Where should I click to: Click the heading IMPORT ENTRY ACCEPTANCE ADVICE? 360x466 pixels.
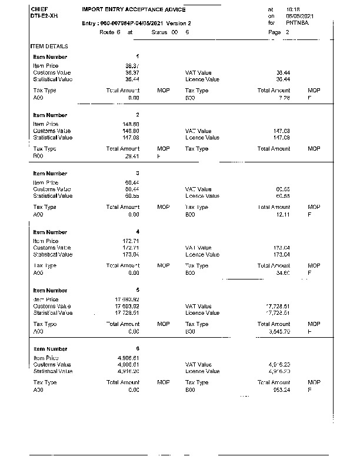tap(134, 10)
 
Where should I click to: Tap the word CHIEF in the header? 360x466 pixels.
tap(39, 9)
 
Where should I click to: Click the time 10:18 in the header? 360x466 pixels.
tap(292, 10)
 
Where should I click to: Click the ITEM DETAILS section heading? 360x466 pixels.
tap(49, 46)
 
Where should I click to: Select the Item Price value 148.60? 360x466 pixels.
tap(129, 124)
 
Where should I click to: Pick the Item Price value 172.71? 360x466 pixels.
tap(129, 241)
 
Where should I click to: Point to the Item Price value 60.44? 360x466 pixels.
tap(131, 183)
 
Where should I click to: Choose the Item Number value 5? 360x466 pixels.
tap(137, 290)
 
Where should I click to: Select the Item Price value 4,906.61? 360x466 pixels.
tap(128, 358)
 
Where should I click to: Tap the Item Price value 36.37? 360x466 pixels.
tap(132, 66)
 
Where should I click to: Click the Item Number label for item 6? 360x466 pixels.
tap(50, 348)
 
